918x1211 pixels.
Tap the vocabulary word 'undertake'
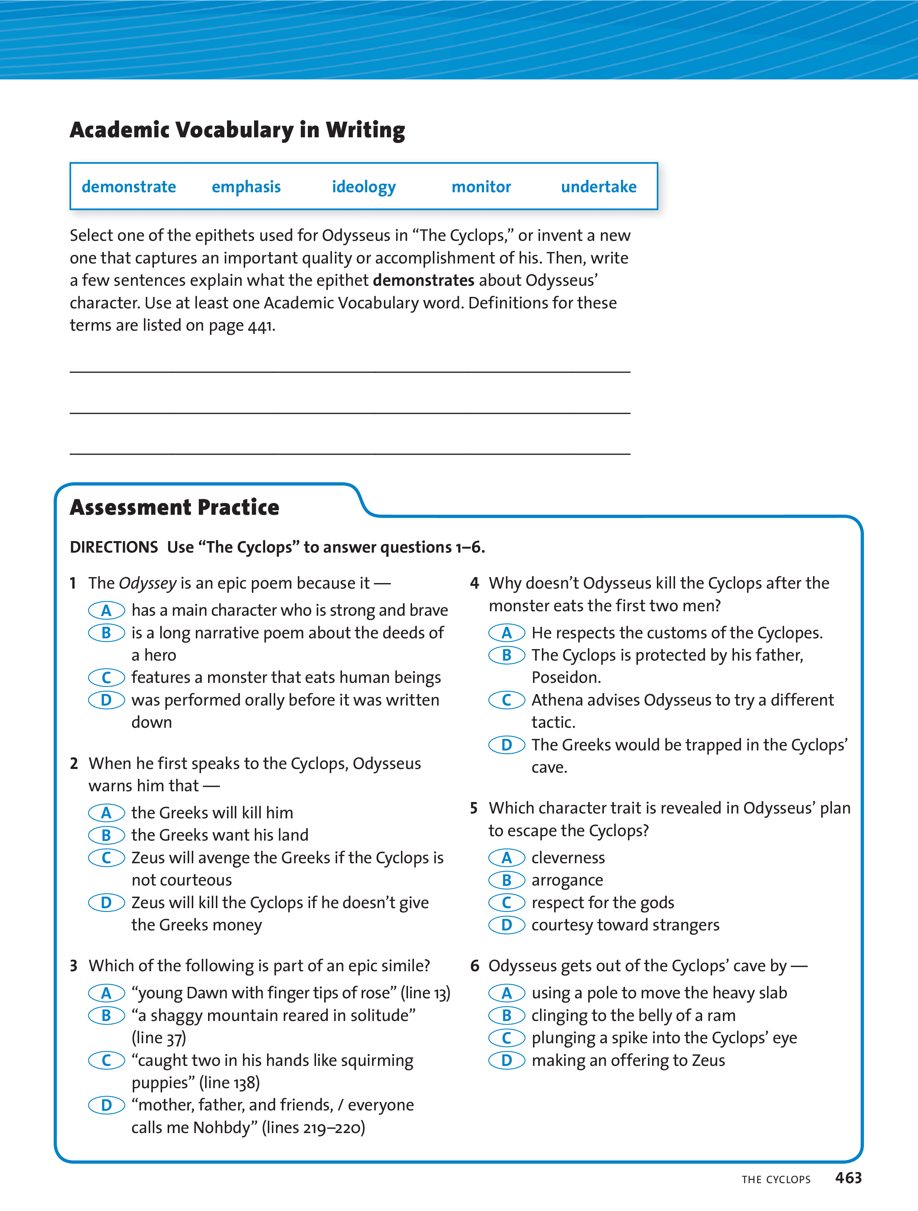click(x=599, y=187)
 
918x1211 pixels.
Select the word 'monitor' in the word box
click(x=481, y=187)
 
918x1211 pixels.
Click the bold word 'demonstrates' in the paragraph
click(x=423, y=280)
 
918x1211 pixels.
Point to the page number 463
click(x=848, y=1178)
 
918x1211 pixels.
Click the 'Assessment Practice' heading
click(x=175, y=507)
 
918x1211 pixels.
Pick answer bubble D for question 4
click(x=507, y=745)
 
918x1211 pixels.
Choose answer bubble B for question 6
click(x=507, y=1015)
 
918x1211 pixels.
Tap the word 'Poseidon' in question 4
click(x=566, y=678)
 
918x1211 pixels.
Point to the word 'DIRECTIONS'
click(x=114, y=547)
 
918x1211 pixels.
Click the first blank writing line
click(x=350, y=371)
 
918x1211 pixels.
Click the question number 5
click(x=474, y=808)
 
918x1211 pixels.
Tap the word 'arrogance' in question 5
click(x=567, y=880)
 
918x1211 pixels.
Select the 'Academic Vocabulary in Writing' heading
click(x=237, y=130)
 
